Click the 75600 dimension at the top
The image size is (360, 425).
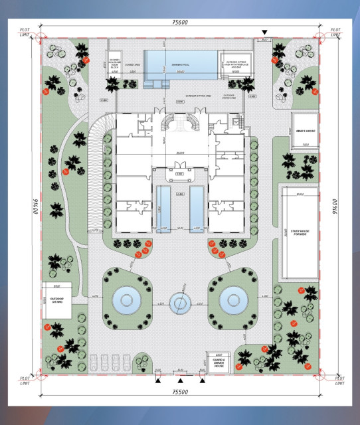click(x=179, y=22)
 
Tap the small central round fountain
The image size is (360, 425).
click(x=180, y=304)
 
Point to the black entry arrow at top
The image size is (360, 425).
click(x=264, y=32)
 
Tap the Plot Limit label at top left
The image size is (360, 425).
click(x=25, y=33)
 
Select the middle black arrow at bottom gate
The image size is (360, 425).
click(x=180, y=381)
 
